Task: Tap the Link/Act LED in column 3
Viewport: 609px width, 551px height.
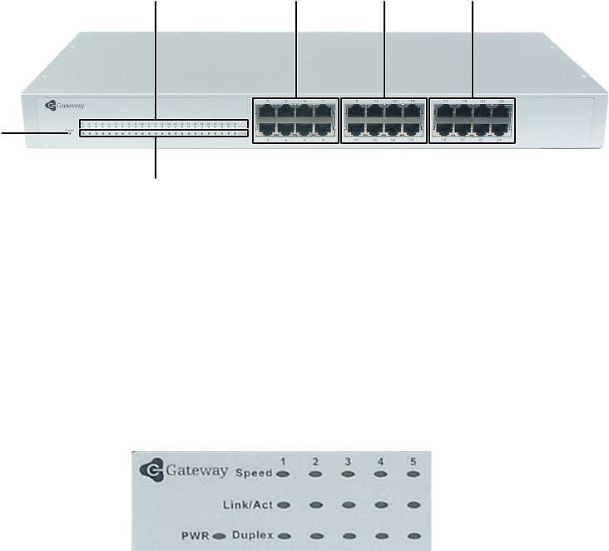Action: (349, 504)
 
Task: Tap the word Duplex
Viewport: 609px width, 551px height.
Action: (254, 534)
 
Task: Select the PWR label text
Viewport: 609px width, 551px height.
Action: (197, 534)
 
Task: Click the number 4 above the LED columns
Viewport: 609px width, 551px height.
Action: (380, 460)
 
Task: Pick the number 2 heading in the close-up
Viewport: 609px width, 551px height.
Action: (316, 460)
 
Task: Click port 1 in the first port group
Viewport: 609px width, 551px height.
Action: (265, 112)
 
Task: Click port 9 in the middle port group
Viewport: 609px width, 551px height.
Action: (355, 112)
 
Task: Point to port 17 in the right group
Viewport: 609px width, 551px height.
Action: (444, 112)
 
